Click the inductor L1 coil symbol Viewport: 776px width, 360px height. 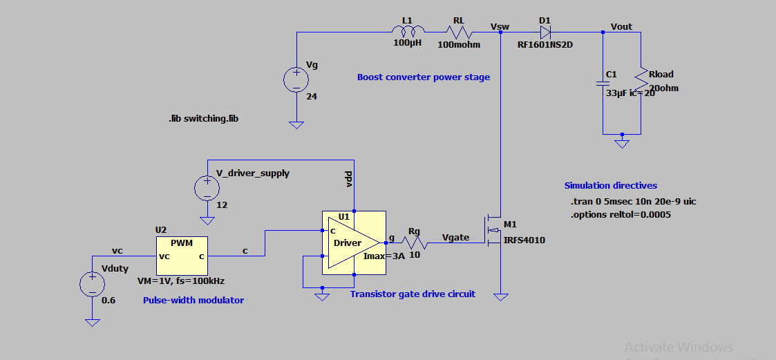(x=409, y=32)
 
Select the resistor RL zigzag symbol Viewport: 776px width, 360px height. (x=457, y=32)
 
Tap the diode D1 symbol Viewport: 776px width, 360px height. (x=545, y=32)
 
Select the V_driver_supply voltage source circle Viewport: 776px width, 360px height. (x=207, y=188)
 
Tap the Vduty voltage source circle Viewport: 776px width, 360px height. (x=91, y=284)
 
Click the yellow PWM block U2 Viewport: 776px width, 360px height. (x=182, y=256)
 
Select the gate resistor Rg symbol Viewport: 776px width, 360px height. (x=414, y=243)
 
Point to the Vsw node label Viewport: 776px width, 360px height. (x=500, y=26)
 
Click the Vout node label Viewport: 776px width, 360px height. (x=621, y=26)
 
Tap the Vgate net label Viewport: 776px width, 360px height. (x=455, y=237)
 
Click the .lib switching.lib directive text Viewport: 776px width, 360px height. (x=204, y=119)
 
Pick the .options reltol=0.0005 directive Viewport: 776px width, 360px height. (x=621, y=214)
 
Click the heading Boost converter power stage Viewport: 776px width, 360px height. (x=423, y=77)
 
